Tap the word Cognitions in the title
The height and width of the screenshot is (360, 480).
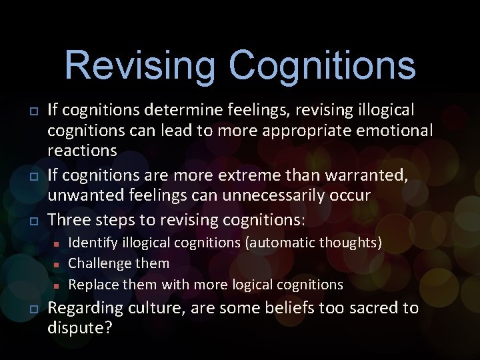pyautogui.click(x=322, y=66)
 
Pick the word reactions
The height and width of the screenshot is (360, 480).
pyautogui.click(x=82, y=151)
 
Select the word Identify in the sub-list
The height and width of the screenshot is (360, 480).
pyautogui.click(x=91, y=242)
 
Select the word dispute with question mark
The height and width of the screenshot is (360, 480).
pyautogui.click(x=79, y=328)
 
